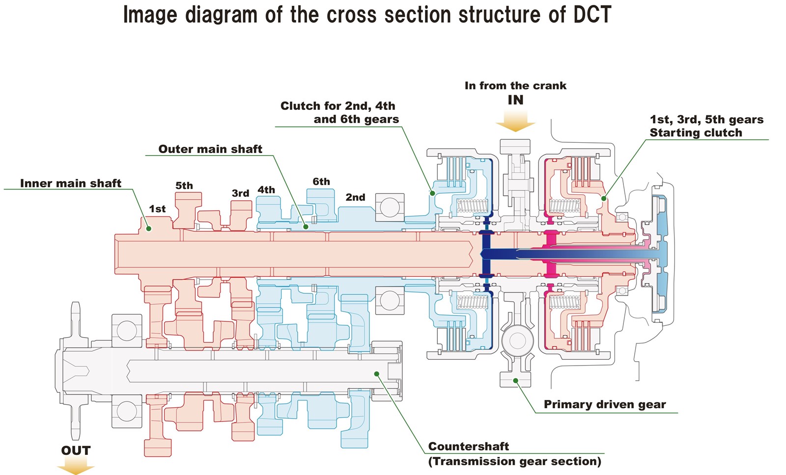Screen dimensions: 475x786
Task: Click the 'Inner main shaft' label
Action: click(70, 183)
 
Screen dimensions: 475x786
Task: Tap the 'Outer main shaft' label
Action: click(210, 149)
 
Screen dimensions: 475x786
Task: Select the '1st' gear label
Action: click(157, 209)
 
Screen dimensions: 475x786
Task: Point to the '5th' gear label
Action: click(184, 185)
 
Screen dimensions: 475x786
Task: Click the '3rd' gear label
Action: click(240, 193)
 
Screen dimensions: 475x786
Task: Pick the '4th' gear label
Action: click(266, 189)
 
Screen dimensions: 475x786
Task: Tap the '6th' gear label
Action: click(321, 182)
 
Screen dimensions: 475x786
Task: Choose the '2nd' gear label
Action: click(355, 197)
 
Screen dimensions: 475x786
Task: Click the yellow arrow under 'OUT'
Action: click(76, 466)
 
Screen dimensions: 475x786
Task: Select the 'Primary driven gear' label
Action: click(604, 404)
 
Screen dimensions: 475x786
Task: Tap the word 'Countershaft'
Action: click(468, 446)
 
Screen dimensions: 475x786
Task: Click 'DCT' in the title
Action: click(592, 15)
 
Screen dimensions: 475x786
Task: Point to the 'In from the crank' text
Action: click(515, 85)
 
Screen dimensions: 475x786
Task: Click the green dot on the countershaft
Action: click(377, 374)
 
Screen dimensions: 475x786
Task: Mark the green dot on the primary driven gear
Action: click(516, 380)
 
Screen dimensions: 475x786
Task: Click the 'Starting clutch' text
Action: click(696, 132)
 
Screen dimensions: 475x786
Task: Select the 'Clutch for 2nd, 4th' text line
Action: click(337, 106)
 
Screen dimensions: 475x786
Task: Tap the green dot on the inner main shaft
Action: click(149, 229)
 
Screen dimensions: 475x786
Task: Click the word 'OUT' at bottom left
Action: click(76, 450)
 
